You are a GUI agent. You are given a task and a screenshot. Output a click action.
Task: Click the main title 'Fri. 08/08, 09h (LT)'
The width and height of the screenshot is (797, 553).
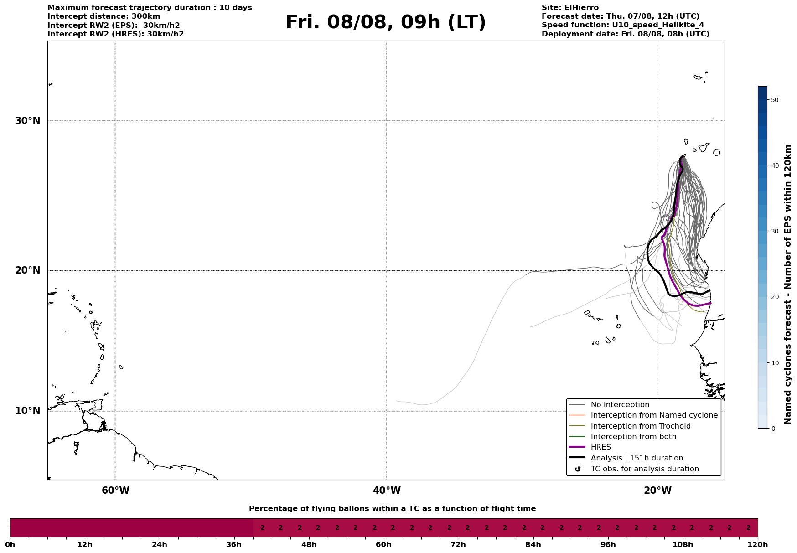386,22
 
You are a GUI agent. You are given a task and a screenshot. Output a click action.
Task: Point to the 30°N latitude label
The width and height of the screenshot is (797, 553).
28,121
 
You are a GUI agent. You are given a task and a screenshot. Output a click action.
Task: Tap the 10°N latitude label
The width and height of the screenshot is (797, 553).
28,411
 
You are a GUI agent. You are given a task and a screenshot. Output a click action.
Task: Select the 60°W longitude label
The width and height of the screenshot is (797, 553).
115,491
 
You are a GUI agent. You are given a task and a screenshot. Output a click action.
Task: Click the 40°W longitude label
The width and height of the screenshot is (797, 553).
387,491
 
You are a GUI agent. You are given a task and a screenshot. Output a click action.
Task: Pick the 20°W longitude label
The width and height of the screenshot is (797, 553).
657,491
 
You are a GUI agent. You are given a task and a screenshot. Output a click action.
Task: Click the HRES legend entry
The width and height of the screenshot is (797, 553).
600,447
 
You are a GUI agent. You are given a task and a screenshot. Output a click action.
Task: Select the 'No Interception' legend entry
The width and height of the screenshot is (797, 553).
620,405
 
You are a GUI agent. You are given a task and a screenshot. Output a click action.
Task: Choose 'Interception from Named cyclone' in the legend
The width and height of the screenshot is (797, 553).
654,415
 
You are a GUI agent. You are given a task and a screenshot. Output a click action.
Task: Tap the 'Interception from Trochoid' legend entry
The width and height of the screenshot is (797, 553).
640,426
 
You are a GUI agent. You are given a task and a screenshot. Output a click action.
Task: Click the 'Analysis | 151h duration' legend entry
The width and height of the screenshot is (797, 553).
637,458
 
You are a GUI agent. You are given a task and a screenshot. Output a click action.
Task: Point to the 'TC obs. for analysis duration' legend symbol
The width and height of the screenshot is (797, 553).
578,469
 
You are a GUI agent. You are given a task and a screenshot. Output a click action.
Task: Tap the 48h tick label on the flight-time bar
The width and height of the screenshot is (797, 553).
309,545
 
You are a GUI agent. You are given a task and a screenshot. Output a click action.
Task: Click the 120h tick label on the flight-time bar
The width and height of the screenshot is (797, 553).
757,545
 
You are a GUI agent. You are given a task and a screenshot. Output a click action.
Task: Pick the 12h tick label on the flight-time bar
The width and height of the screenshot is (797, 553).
85,545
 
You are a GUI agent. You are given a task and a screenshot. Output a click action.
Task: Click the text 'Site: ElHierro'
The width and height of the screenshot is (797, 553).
570,8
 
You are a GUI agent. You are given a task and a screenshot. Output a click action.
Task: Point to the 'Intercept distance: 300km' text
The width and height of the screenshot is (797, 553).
104,16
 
